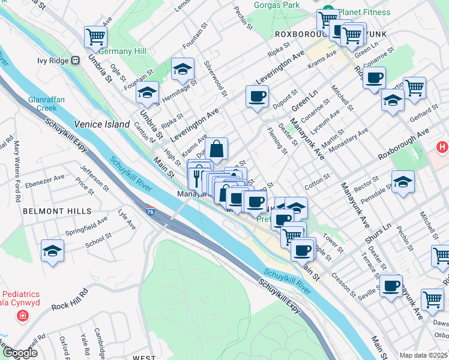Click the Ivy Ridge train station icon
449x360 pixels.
click(76, 60)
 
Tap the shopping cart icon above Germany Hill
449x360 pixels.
click(95, 37)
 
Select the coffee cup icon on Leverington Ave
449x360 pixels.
click(257, 97)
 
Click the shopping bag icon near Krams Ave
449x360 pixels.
click(216, 148)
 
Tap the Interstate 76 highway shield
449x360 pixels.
click(150, 211)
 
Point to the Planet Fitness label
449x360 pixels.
click(364, 12)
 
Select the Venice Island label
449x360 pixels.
click(101, 124)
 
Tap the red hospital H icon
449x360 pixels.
click(442, 146)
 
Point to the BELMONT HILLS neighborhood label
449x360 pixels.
click(57, 211)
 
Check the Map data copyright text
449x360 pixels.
click(424, 355)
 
